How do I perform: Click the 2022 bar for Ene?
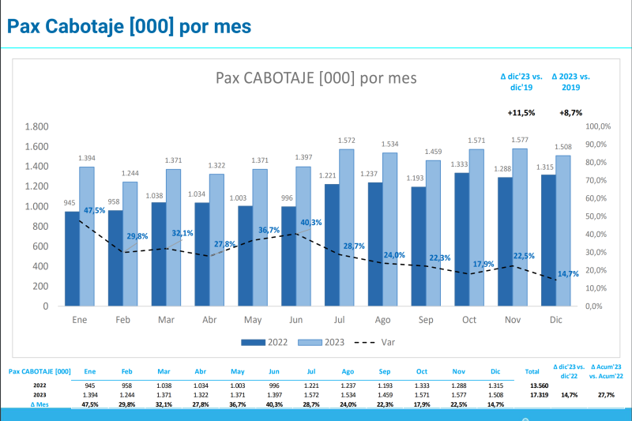[72, 258]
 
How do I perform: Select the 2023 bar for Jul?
[347, 227]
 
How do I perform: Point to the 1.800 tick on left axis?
[36, 126]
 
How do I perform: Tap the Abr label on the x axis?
[209, 321]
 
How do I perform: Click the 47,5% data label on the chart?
[95, 211]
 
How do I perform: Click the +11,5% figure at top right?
[521, 113]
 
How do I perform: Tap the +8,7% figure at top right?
[570, 113]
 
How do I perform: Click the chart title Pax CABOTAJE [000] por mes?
[316, 77]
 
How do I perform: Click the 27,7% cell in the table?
[607, 393]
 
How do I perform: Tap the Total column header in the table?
[532, 370]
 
